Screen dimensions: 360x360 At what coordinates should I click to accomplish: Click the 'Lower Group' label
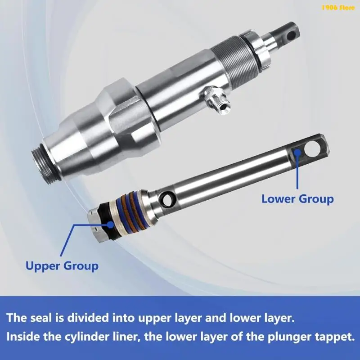(x=297, y=199)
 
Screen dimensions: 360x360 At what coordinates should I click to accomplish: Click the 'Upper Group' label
(x=62, y=266)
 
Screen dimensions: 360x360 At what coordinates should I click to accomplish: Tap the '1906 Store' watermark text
(x=338, y=8)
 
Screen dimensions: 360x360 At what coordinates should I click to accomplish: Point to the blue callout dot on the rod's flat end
(x=297, y=152)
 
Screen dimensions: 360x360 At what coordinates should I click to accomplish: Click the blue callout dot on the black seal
(x=110, y=224)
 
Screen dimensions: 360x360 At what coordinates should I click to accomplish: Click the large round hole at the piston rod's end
(x=311, y=149)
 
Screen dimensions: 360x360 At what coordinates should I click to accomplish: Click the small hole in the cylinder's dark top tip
(x=292, y=36)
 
